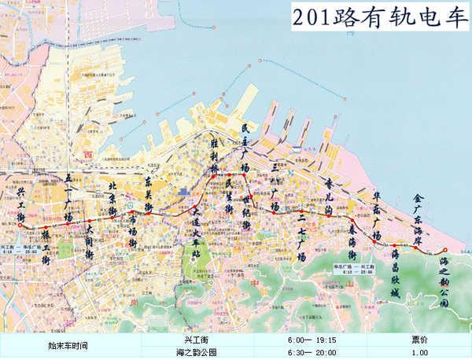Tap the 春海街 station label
point(352,244)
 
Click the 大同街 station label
point(89,243)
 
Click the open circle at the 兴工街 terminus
point(18,225)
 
